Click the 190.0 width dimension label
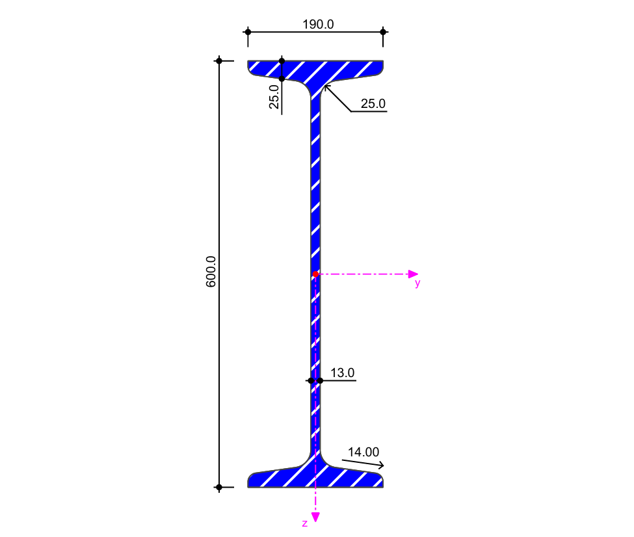point(318,25)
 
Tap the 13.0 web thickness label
point(343,373)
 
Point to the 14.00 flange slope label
point(363,452)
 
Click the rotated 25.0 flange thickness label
point(274,96)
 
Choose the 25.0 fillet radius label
point(373,103)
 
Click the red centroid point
point(315,274)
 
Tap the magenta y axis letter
point(417,283)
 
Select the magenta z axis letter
point(304,523)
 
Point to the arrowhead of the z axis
point(315,517)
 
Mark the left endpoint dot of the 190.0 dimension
point(248,32)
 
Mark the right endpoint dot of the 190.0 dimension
point(383,32)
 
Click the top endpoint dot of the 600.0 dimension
point(219,61)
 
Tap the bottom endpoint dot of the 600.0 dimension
point(219,487)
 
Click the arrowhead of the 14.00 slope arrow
point(381,465)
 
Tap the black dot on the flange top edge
point(282,61)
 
